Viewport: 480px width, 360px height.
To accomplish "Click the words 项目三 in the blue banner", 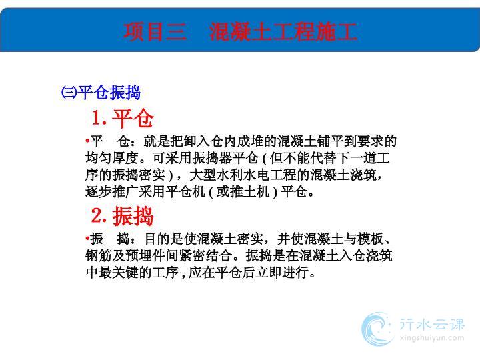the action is (155, 32).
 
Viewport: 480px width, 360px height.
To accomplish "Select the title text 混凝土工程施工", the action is (283, 32).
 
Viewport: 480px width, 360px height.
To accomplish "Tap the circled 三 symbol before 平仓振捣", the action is (69, 93).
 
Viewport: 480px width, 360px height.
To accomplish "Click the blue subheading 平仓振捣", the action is (109, 93).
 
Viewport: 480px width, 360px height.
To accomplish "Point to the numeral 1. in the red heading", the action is (99, 118).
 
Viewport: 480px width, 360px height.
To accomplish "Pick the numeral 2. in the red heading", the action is (99, 215).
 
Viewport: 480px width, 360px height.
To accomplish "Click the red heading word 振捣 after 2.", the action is (133, 216).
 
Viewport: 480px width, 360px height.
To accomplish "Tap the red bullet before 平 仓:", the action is (87, 141).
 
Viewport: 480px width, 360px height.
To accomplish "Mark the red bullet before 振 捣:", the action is (87, 238).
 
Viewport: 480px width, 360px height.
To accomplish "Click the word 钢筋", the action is (99, 255).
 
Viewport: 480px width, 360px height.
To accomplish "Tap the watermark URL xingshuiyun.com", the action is (432, 338).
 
